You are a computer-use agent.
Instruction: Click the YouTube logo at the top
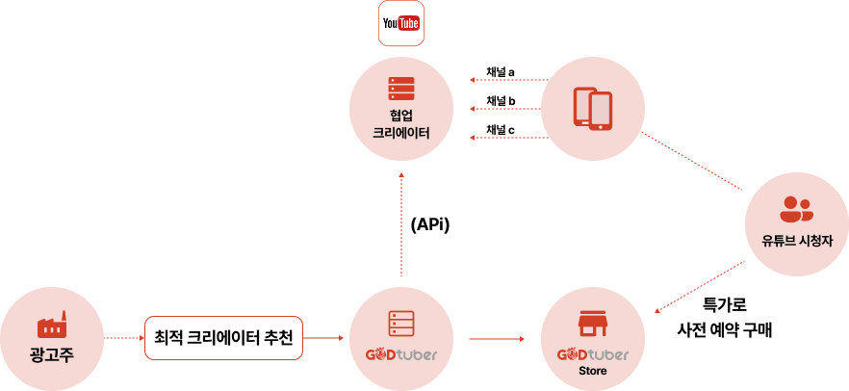401,23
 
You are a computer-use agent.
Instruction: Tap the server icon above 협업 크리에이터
401,89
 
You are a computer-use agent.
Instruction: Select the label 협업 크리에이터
401,123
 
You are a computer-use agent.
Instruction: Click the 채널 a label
500,72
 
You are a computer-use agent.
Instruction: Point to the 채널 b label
501,101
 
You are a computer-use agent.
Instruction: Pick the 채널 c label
500,129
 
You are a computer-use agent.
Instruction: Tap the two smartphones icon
593,109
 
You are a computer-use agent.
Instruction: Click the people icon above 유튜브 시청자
796,208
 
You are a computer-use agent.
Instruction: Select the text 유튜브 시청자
796,241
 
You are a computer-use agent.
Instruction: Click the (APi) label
430,225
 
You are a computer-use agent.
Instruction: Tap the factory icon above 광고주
52,324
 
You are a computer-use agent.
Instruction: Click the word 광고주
52,355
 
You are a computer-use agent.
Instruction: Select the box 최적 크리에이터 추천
223,338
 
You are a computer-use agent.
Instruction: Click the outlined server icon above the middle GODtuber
401,324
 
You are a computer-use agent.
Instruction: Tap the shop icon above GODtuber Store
592,324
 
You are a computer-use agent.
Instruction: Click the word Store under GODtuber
592,372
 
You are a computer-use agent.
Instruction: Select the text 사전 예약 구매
725,329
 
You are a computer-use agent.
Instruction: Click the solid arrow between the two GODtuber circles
497,339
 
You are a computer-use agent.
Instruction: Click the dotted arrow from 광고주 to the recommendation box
122,338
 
